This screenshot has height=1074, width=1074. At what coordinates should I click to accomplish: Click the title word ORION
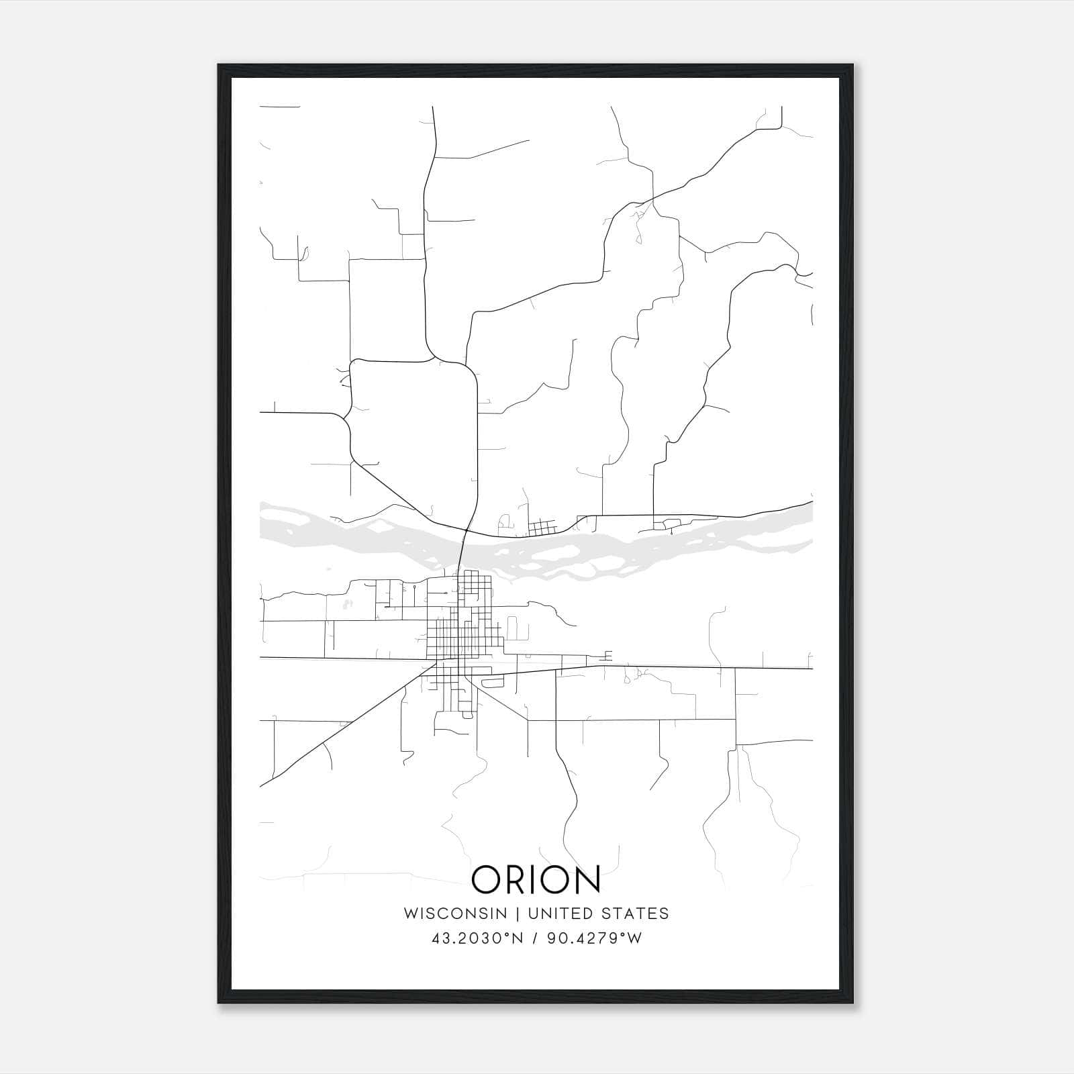[536, 880]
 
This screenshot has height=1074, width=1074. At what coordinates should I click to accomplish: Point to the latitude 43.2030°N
[477, 938]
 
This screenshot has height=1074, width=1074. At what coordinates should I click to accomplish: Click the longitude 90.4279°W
[595, 938]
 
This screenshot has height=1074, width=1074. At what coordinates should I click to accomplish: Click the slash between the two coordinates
[535, 938]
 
